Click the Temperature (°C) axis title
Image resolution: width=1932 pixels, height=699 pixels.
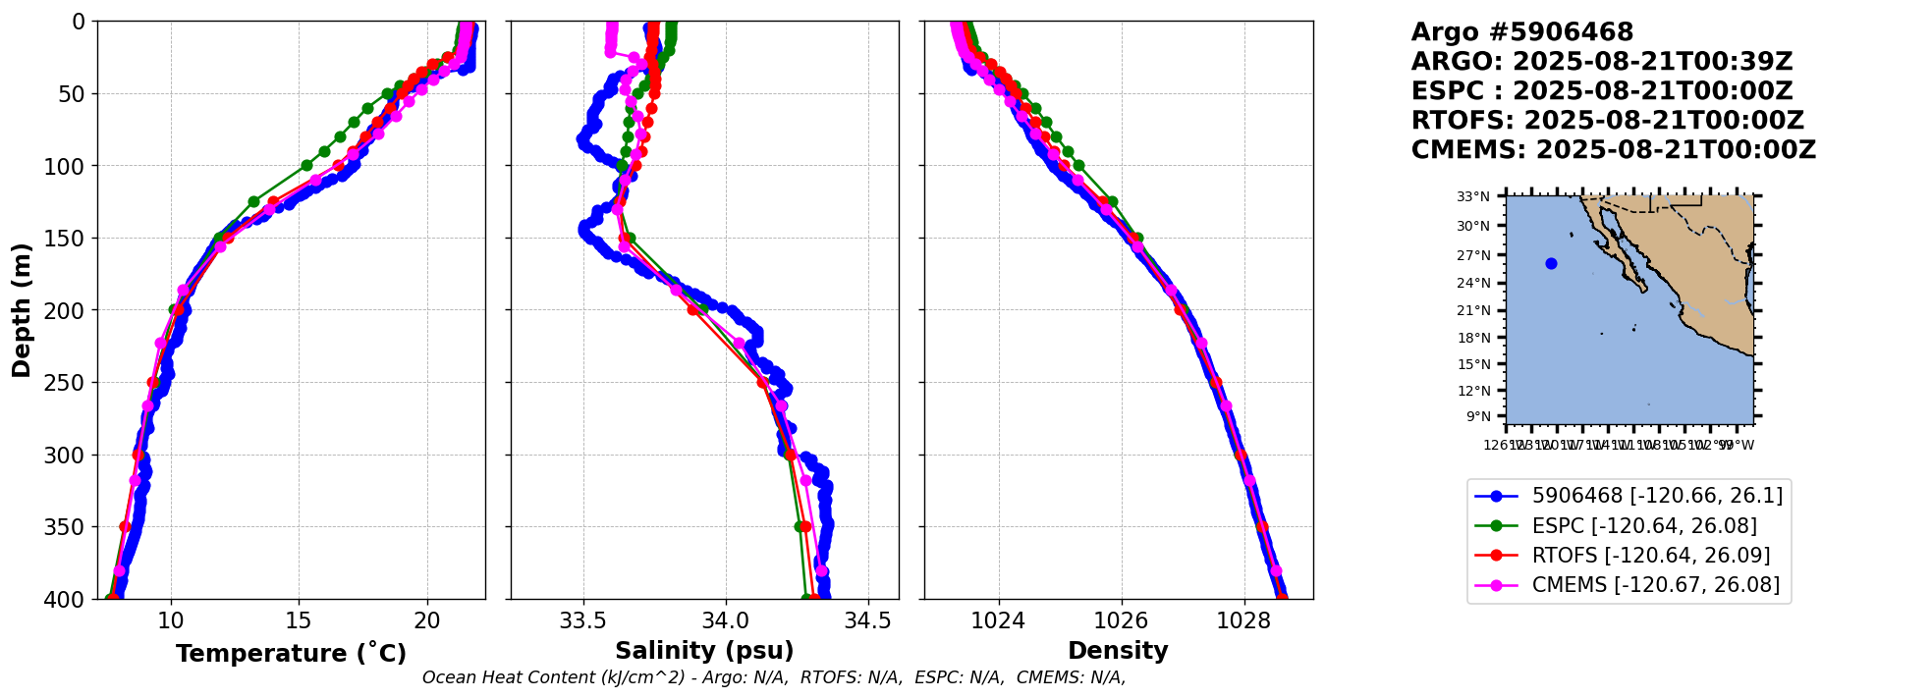[291, 654]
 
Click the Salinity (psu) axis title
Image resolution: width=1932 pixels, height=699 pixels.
[704, 651]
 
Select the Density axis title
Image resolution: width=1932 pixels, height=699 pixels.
[1118, 651]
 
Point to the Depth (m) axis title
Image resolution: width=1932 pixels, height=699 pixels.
[22, 310]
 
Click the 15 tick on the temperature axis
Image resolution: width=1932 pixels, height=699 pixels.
[299, 621]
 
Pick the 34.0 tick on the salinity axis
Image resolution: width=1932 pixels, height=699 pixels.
[726, 621]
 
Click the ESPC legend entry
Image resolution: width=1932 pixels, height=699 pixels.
[1644, 526]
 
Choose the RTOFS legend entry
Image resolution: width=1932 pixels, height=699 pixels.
[1650, 556]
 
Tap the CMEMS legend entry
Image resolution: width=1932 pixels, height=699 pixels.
[1655, 585]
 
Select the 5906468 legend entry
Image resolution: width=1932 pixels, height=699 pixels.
[1657, 497]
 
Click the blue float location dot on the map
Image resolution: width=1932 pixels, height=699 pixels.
[1551, 263]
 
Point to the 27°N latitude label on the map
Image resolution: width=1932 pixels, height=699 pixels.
[1472, 255]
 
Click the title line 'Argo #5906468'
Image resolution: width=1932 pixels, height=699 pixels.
[1521, 32]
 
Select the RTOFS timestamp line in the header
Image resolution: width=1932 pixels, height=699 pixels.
[1607, 121]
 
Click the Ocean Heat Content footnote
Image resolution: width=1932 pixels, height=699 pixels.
[774, 677]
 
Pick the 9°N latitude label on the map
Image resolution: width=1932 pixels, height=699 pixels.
[1478, 416]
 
